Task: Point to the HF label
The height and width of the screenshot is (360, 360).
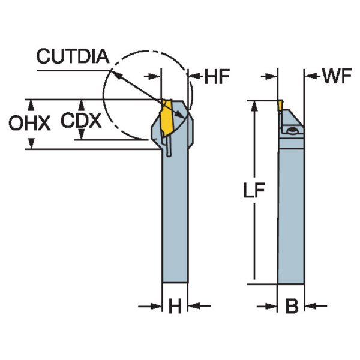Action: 214,76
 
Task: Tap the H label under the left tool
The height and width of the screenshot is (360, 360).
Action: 175,307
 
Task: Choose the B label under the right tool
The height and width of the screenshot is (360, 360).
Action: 292,307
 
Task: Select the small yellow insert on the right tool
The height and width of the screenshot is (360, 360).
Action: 280,106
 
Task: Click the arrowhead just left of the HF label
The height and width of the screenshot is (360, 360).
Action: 193,76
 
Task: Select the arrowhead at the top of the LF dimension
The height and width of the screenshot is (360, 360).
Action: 254,106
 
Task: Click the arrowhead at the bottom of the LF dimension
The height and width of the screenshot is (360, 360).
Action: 254,277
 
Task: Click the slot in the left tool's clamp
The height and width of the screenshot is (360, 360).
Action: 169,146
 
